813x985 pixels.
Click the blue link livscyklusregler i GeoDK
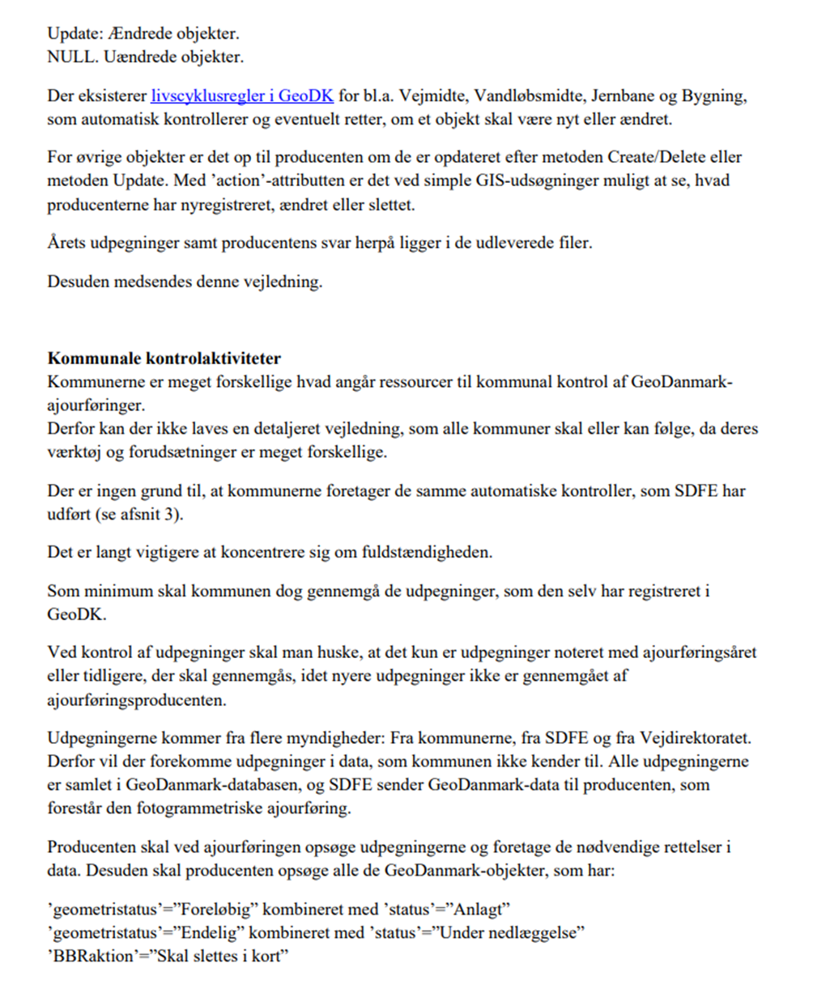(x=242, y=97)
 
